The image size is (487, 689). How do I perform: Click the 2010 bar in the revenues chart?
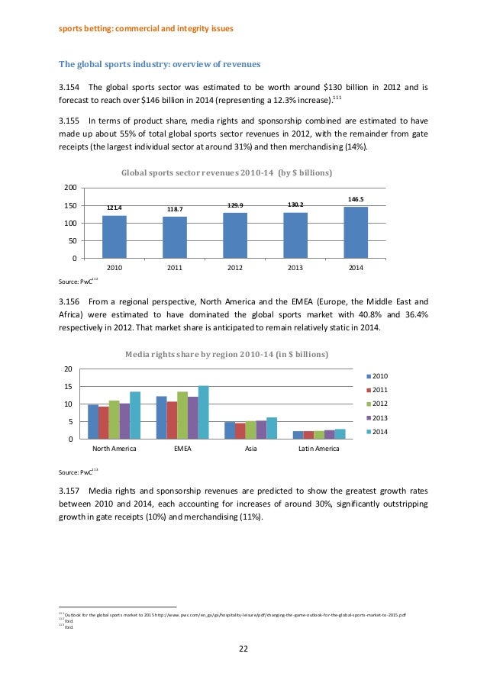114,237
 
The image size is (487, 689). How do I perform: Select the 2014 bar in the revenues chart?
355,232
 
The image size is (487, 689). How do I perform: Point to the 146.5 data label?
355,199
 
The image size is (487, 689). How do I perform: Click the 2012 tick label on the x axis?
234,268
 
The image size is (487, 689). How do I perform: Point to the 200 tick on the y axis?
69,188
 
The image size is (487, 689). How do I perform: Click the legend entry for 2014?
379,432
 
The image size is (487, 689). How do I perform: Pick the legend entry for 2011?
379,390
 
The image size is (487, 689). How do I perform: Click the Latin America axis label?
318,449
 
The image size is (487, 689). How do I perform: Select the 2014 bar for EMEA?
203,413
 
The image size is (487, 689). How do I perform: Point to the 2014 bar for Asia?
272,428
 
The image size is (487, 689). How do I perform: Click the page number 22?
243,650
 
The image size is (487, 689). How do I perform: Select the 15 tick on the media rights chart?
68,387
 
